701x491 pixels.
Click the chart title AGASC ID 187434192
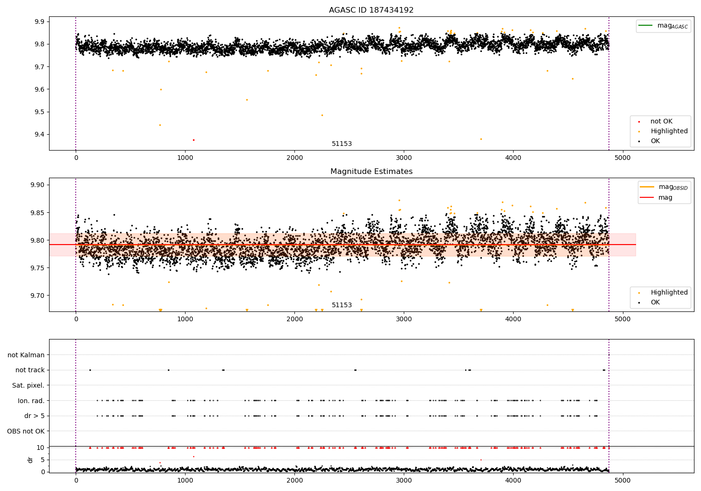371,10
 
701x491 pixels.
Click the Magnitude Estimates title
372,171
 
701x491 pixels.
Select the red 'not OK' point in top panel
194,140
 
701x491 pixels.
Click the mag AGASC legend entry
664,26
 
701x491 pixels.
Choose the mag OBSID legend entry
664,187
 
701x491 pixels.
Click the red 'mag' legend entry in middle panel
656,197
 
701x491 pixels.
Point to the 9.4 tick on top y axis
40,135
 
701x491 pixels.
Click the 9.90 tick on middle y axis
37,185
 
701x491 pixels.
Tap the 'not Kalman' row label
26,355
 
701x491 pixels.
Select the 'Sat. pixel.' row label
28,385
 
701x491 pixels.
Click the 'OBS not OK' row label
26,431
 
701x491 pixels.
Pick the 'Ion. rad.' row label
31,400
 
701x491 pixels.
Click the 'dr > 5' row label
35,416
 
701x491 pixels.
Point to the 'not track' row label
30,370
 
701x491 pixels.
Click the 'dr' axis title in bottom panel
30,460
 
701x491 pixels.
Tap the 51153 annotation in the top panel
342,144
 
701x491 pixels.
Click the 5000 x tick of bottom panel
622,480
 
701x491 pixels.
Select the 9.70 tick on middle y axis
37,296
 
